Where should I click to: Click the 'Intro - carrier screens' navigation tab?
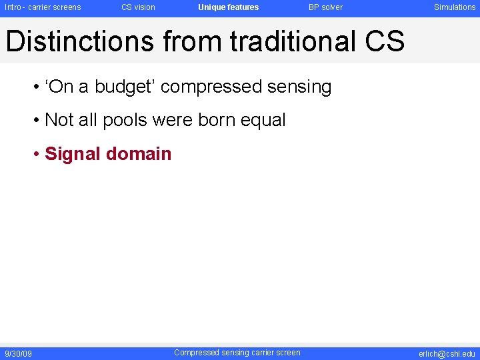[43, 7]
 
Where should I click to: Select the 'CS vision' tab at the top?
[138, 7]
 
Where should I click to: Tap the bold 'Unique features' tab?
[228, 7]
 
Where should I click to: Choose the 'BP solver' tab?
[325, 7]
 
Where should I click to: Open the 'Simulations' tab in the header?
[455, 7]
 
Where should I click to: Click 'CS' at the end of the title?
[385, 41]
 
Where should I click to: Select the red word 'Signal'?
[71, 154]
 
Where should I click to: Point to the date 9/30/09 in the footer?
[18, 353]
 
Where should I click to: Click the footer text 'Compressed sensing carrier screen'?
[237, 353]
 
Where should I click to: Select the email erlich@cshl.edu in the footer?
[447, 353]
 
